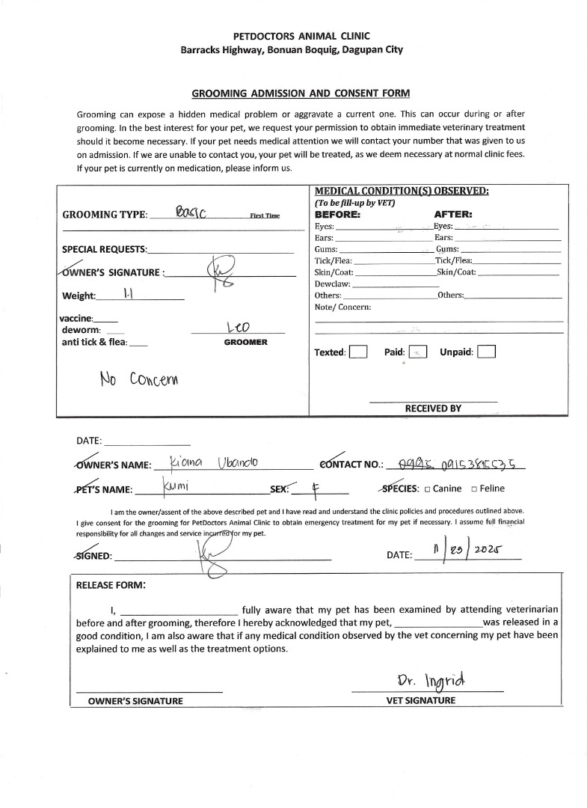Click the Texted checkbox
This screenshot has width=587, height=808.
pos(358,352)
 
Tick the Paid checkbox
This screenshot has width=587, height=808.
pos(418,352)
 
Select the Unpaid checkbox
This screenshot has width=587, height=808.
pos(487,352)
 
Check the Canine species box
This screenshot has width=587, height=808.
pos(426,489)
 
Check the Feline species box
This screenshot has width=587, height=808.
pos(475,489)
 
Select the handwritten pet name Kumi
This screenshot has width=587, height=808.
pos(176,488)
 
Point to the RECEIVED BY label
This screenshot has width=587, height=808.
pos(433,408)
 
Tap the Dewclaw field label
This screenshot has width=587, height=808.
pos(332,284)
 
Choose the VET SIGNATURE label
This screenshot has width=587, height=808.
pos(420,700)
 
